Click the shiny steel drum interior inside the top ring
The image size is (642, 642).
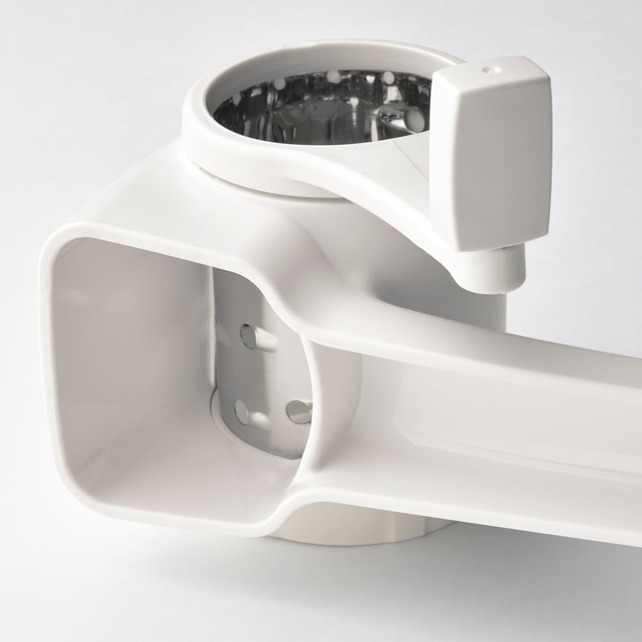[321, 114]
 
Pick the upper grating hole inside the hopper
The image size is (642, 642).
[249, 335]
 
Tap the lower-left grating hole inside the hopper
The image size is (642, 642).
[243, 412]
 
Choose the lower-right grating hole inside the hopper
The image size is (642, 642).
[298, 411]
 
